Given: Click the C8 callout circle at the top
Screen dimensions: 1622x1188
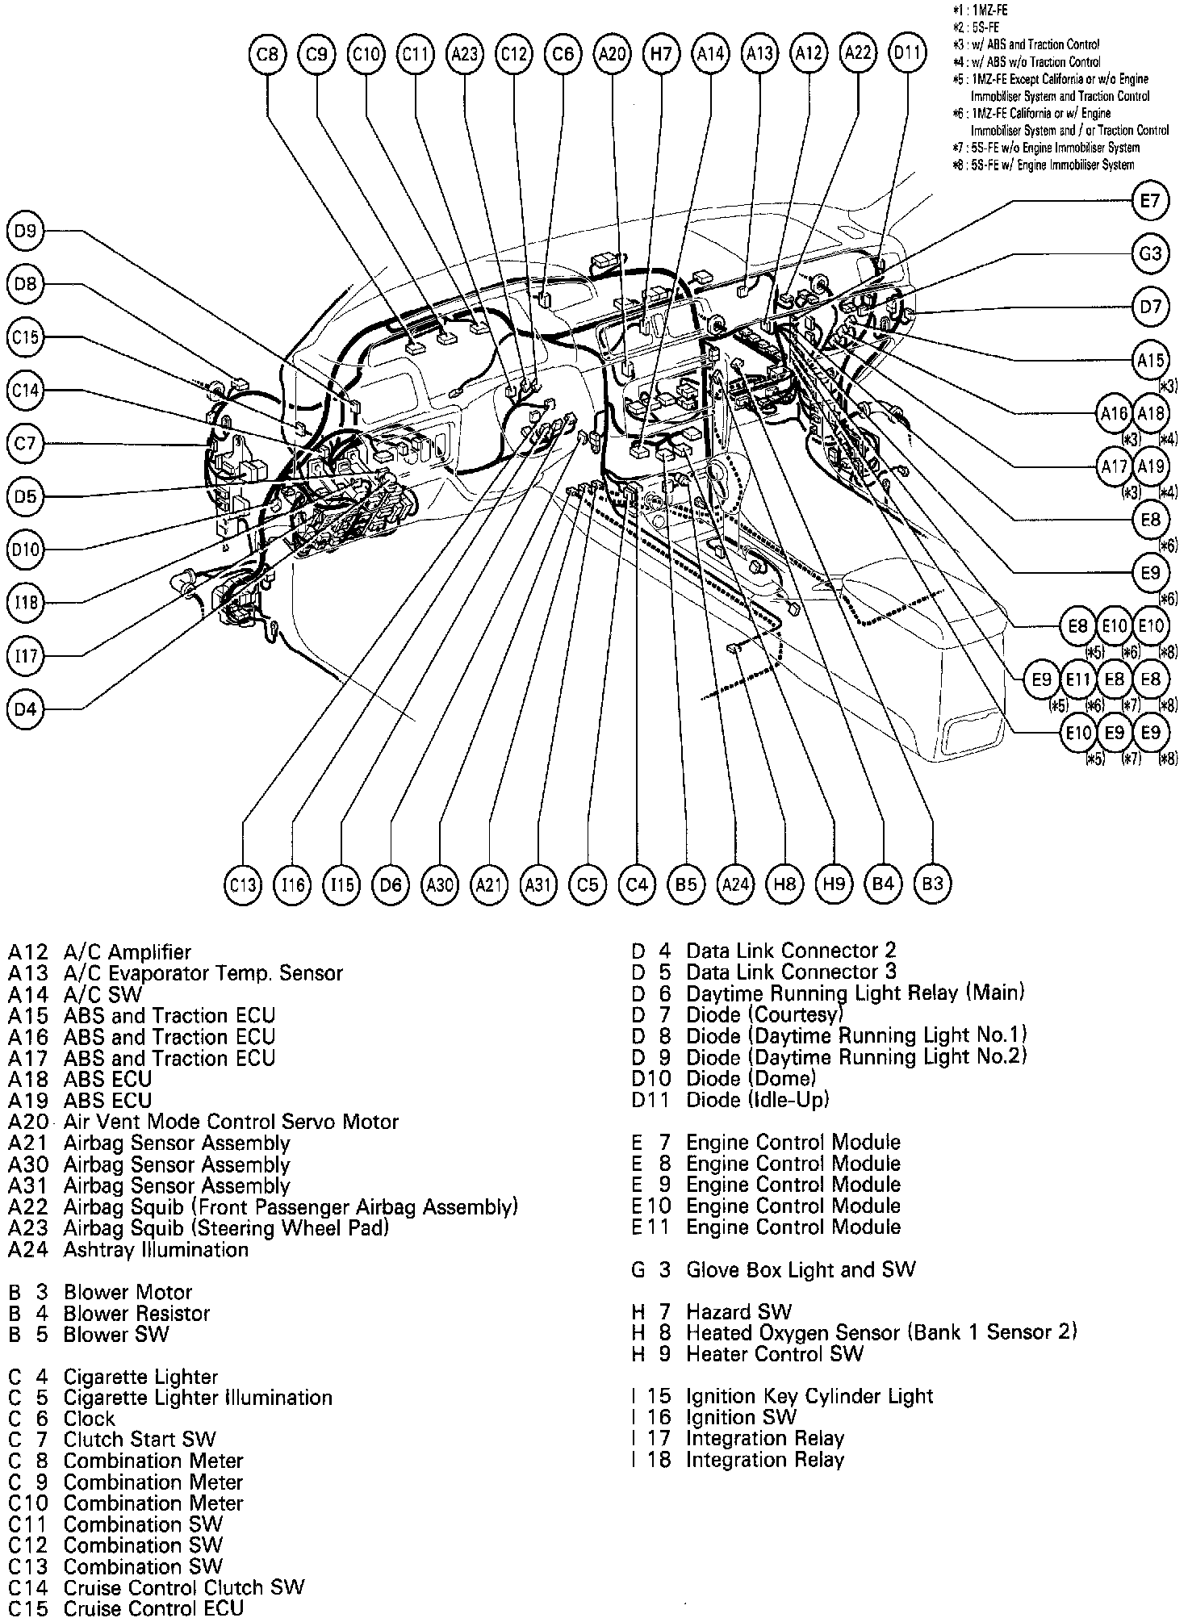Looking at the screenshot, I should [x=268, y=54].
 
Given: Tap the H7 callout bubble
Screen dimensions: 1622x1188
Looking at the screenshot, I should [x=661, y=54].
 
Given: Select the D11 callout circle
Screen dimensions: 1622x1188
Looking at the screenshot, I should [x=907, y=54].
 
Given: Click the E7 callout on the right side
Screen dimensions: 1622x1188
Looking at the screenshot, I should [x=1150, y=201].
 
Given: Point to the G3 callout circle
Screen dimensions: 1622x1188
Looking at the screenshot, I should [x=1150, y=254].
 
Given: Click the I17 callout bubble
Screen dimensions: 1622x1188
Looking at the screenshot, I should [x=26, y=656].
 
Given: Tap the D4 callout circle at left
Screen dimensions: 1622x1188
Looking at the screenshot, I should [x=26, y=709].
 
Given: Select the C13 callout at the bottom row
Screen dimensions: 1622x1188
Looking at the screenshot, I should [x=243, y=884].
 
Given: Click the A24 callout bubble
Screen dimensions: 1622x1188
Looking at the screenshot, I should [x=735, y=884].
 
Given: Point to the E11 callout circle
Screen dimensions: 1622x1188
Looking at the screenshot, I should [x=1078, y=679].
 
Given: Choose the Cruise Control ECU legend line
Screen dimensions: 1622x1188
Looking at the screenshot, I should [x=126, y=1608].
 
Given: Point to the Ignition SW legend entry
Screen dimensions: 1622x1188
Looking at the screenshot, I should [x=714, y=1417].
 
